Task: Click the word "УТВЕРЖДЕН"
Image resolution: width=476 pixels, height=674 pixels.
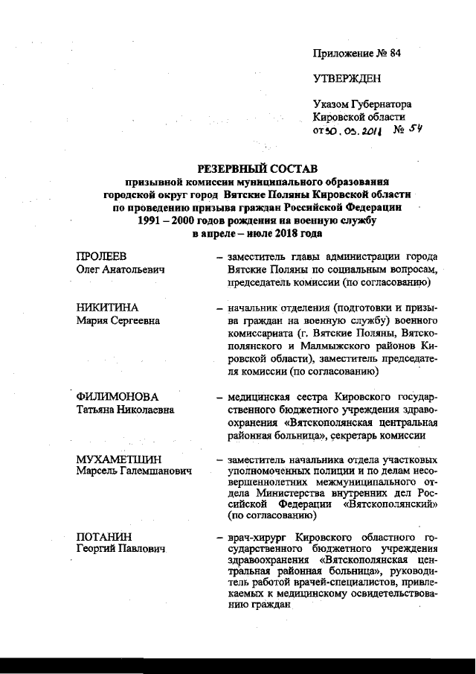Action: click(347, 78)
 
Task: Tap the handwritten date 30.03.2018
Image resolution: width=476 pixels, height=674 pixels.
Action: click(354, 130)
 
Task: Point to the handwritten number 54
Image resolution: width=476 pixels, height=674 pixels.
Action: click(411, 129)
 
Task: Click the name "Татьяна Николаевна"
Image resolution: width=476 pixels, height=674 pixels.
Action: click(125, 410)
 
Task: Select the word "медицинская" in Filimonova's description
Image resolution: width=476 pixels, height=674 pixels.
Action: click(260, 397)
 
